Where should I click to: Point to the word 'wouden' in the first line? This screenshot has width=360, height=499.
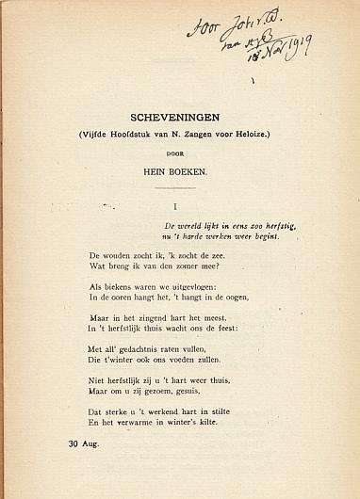(120, 256)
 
